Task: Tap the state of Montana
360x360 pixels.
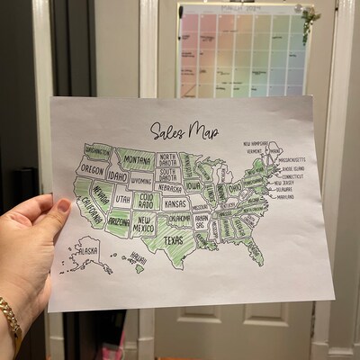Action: click(137, 160)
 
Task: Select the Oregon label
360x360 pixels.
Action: click(92, 168)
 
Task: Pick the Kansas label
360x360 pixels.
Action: click(175, 203)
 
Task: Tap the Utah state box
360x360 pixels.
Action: click(122, 199)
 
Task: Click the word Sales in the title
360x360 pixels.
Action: click(166, 130)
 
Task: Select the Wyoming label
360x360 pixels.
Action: click(141, 180)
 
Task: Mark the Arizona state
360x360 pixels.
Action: click(118, 220)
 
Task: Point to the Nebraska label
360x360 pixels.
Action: click(168, 188)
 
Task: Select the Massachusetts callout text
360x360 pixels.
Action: click(293, 159)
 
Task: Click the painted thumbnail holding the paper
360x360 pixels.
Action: click(64, 205)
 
